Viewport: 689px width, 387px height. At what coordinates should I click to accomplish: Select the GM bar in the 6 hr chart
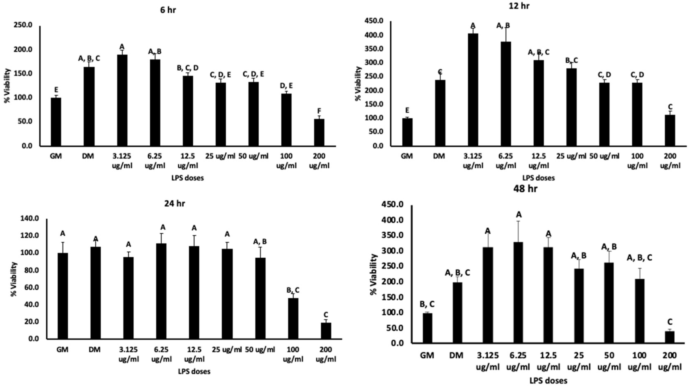click(56, 122)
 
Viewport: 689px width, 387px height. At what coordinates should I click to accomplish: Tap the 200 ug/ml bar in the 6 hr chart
click(319, 132)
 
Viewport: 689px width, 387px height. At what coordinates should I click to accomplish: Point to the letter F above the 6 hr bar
click(319, 111)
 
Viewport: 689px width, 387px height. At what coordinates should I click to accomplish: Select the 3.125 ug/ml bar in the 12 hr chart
click(473, 90)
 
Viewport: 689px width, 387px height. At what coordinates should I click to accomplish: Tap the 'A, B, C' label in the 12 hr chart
click(538, 52)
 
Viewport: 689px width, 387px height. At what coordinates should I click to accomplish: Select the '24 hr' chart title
click(174, 204)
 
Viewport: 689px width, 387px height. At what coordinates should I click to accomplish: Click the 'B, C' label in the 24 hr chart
click(293, 290)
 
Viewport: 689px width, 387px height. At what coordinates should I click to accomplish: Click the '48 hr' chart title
click(525, 189)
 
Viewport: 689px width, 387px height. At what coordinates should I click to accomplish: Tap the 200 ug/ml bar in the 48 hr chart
click(670, 337)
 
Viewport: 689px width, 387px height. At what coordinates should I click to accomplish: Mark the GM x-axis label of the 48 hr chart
click(427, 355)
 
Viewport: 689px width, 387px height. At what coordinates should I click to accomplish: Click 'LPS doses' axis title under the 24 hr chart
click(194, 372)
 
